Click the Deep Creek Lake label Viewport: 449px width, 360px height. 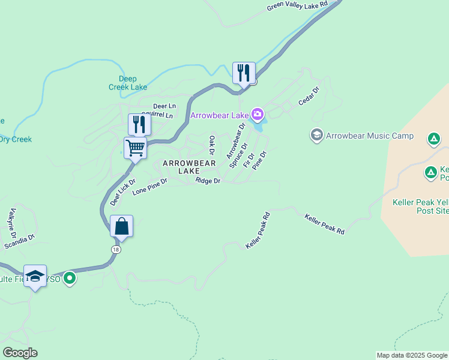point(127,83)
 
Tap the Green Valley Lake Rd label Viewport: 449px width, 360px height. point(297,5)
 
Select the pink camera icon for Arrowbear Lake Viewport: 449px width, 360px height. point(258,114)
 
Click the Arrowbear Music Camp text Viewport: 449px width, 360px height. point(370,136)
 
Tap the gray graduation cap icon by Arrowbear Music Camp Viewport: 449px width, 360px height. point(317,135)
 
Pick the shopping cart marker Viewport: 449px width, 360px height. point(136,148)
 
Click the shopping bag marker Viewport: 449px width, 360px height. point(121,227)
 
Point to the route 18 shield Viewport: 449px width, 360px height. point(115,249)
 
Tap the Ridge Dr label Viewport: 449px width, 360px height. point(208,181)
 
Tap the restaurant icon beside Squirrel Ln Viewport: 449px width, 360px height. point(139,124)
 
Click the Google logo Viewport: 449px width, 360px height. point(20,353)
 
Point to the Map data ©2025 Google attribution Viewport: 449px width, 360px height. point(411,355)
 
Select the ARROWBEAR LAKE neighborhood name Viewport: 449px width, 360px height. point(189,167)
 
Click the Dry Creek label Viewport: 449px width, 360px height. point(16,139)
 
